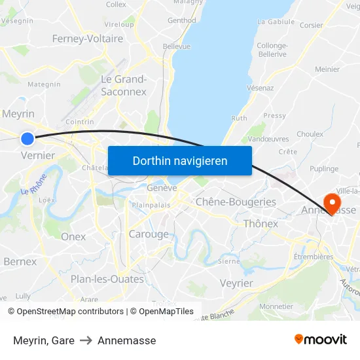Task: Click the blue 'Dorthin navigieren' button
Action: [x=179, y=160]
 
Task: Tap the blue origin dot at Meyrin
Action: [x=27, y=138]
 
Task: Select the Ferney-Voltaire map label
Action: [x=88, y=39]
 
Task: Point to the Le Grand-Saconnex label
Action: [x=123, y=85]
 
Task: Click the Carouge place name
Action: [x=149, y=234]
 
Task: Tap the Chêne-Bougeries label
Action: [x=236, y=202]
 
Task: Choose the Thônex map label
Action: [x=261, y=224]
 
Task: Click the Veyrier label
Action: [x=236, y=283]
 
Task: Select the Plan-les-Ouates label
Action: [x=107, y=279]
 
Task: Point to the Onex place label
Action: [x=73, y=236]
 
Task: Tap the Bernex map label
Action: [x=20, y=261]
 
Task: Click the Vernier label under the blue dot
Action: [x=37, y=155]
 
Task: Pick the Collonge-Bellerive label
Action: [x=272, y=50]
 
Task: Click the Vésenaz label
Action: [x=260, y=88]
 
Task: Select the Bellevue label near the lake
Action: [x=177, y=46]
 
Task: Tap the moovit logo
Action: [x=321, y=339]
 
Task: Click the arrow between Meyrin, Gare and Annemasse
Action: [x=86, y=340]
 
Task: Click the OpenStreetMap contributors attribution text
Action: [x=70, y=312]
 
